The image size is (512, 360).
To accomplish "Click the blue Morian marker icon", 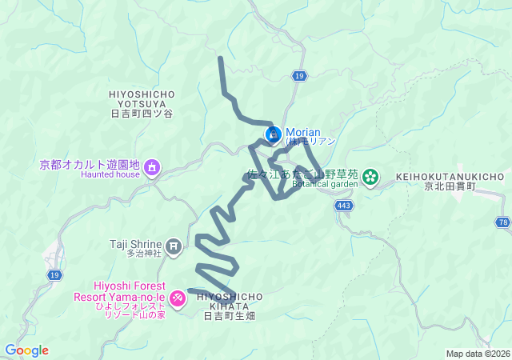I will click(x=273, y=133).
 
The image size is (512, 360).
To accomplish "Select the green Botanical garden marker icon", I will click(x=371, y=176).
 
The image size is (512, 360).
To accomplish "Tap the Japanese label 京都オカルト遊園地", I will click(x=90, y=165).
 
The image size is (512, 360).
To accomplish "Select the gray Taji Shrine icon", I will click(x=175, y=244).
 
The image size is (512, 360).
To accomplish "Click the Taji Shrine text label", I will click(x=137, y=243).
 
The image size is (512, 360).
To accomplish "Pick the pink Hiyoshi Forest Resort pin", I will click(x=177, y=298).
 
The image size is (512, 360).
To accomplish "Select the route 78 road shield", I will click(x=502, y=222).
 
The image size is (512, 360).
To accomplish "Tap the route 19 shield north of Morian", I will click(x=298, y=75).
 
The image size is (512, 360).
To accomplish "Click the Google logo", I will click(x=26, y=350).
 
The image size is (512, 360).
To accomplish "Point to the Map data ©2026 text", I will click(x=477, y=354).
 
